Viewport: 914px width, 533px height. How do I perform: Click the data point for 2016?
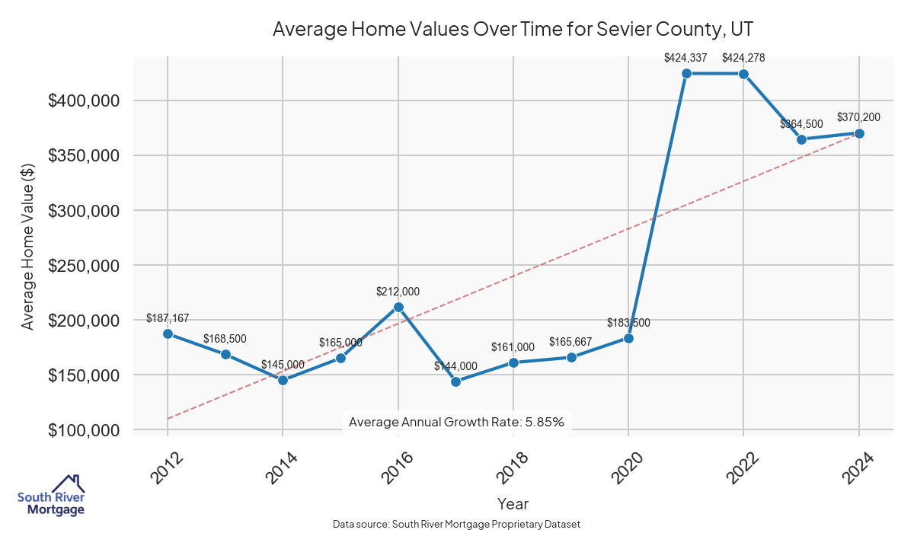tap(398, 307)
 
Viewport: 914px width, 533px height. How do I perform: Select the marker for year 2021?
tap(686, 73)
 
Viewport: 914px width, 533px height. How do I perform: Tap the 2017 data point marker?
tap(455, 381)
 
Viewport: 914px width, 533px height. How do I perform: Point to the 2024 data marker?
tap(859, 133)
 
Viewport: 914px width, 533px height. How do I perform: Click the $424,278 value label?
tap(743, 57)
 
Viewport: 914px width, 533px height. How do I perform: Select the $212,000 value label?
tap(398, 291)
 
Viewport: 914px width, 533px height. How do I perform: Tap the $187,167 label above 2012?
tap(168, 318)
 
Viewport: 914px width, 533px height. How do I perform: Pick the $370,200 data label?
tap(858, 117)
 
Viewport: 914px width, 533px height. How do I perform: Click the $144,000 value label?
tap(455, 366)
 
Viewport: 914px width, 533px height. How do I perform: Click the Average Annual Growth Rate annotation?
tap(456, 422)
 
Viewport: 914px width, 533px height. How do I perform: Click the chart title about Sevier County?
tap(513, 29)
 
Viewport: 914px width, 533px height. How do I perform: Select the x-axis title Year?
tap(513, 503)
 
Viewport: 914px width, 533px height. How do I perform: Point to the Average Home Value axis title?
tap(28, 246)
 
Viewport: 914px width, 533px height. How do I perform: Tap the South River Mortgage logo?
tap(51, 496)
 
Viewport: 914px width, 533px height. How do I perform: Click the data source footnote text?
tap(457, 525)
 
